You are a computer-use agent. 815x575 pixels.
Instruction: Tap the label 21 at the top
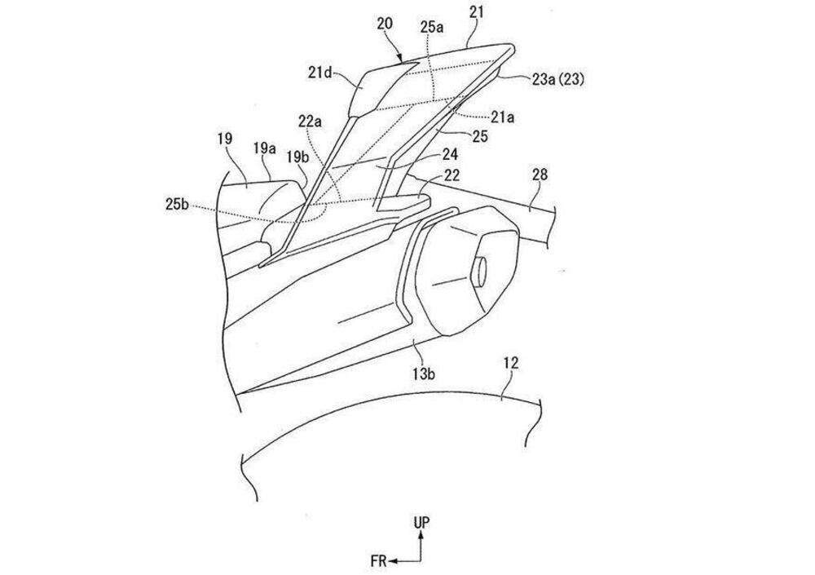[476, 12]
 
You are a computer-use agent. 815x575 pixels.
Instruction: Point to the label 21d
[319, 73]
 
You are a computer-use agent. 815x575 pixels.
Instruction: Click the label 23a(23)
[557, 80]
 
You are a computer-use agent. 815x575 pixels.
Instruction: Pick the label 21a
[503, 118]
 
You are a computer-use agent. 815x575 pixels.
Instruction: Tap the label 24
[450, 154]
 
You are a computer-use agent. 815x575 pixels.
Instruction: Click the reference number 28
[540, 175]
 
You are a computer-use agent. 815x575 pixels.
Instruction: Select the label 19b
[297, 156]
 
